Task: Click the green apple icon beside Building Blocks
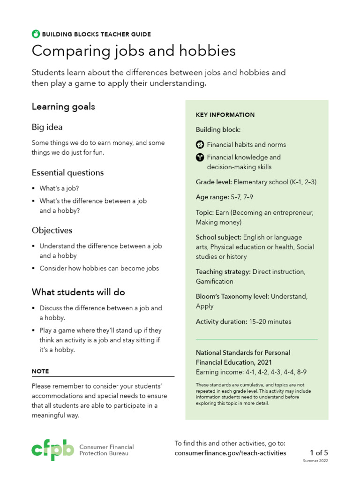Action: (36, 34)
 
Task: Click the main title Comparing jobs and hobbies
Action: (134, 51)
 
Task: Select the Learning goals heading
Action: (63, 106)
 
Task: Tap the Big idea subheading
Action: (47, 127)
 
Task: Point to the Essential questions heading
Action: (67, 172)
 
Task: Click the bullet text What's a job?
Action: (60, 188)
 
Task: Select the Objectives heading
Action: (52, 230)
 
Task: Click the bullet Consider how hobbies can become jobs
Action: (99, 268)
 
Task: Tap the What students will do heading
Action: (78, 292)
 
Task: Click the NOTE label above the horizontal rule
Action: (40, 371)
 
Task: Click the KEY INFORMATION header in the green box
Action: (225, 115)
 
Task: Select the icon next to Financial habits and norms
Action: (200, 144)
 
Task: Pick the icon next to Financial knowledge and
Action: (200, 157)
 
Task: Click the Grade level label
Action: (213, 182)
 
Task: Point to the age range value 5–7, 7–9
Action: (241, 197)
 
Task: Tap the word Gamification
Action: (214, 281)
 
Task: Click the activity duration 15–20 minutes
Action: (270, 322)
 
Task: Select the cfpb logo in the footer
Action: (52, 450)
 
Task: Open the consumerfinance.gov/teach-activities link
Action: (230, 453)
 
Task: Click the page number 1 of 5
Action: (319, 452)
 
